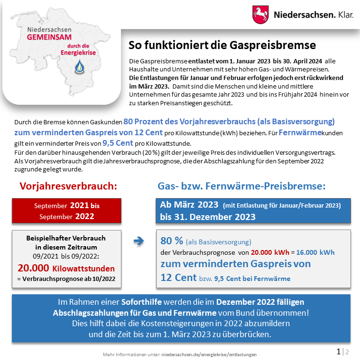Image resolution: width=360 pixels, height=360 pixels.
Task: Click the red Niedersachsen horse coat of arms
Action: click(x=260, y=14)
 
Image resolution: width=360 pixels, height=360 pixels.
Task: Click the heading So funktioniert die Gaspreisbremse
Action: click(x=222, y=45)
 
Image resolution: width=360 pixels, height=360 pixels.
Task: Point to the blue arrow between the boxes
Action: click(x=139, y=241)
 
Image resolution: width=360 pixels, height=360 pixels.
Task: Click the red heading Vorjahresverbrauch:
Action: click(x=68, y=186)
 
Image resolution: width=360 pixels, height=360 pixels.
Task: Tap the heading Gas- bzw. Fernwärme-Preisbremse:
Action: click(x=241, y=186)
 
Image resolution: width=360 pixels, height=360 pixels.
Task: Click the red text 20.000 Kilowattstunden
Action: click(x=66, y=268)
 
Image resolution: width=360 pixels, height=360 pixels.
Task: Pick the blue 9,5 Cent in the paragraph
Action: click(x=118, y=142)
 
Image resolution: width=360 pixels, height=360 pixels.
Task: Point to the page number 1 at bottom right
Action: click(x=339, y=352)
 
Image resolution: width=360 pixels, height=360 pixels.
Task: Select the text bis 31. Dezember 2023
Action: click(x=208, y=217)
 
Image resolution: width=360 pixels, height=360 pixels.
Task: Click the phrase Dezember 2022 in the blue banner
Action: click(x=247, y=302)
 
